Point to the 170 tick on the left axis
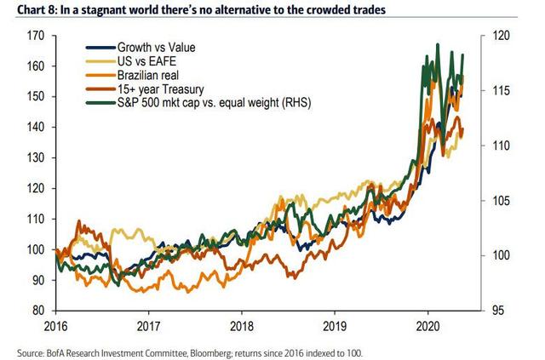click(37, 37)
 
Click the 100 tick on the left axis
click(37, 249)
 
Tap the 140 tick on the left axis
click(37, 128)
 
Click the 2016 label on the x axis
click(55, 326)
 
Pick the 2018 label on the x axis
click(242, 326)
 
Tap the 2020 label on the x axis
click(428, 326)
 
